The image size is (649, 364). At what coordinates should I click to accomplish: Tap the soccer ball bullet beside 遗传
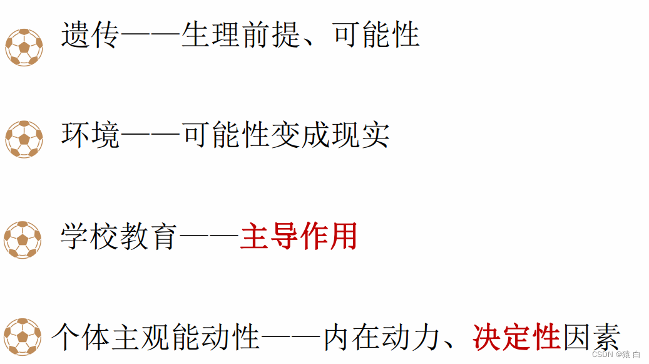click(24, 47)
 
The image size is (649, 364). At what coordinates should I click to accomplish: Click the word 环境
click(90, 135)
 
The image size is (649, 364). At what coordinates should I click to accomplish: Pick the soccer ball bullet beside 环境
click(24, 139)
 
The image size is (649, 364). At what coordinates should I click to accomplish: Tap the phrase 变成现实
click(330, 135)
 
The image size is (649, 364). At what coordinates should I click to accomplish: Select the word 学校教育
click(119, 237)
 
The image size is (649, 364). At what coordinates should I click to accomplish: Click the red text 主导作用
click(299, 237)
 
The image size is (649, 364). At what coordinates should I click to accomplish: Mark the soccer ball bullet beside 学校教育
click(23, 239)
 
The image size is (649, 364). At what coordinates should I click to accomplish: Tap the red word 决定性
click(516, 337)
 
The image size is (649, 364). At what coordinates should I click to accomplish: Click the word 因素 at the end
click(591, 337)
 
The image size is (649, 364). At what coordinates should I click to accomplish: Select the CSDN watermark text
click(616, 355)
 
